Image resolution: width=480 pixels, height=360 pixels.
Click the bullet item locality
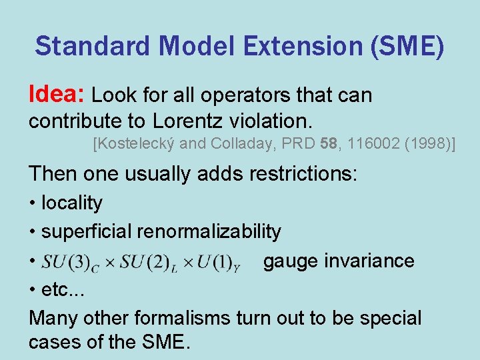point(71,203)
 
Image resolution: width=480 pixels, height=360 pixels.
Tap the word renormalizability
point(209,231)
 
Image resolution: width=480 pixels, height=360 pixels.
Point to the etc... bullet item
point(59,290)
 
